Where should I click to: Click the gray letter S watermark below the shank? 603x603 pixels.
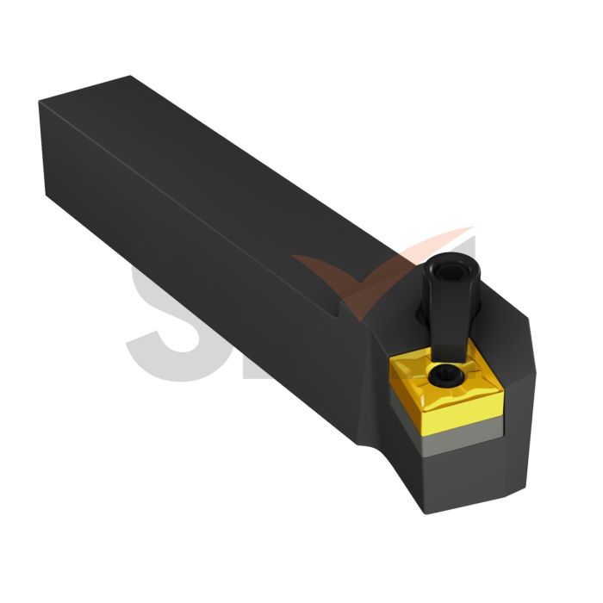[164, 319]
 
